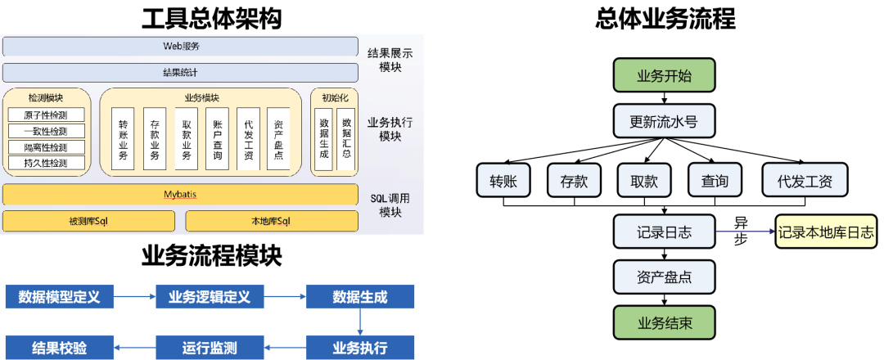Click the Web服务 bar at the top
(180, 47)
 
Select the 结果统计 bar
(180, 73)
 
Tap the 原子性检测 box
(47, 115)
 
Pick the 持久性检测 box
(47, 163)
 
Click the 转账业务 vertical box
(124, 139)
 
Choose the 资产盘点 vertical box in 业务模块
(278, 139)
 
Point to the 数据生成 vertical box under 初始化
(324, 139)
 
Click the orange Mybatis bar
(180, 195)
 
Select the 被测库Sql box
(88, 221)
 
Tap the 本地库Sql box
(271, 221)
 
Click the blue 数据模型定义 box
(59, 297)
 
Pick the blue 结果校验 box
(59, 347)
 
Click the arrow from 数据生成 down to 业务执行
(360, 322)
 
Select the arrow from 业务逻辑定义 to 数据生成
(286, 297)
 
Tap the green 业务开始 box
(664, 76)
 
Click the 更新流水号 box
(664, 123)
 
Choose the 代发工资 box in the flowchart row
(805, 181)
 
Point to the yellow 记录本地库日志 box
(826, 232)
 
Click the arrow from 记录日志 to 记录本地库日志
(744, 232)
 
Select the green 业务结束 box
(664, 322)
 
